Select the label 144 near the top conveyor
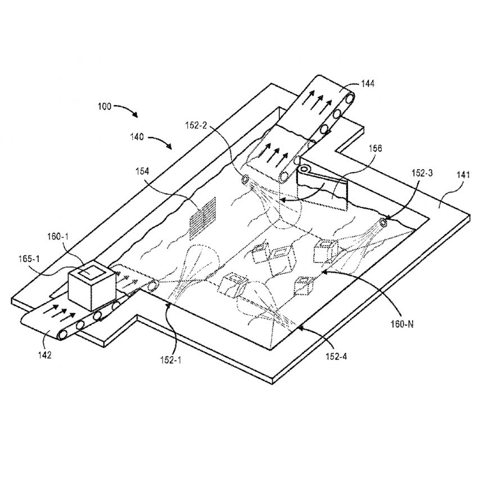click(x=369, y=83)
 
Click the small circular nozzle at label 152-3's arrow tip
click(x=384, y=222)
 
